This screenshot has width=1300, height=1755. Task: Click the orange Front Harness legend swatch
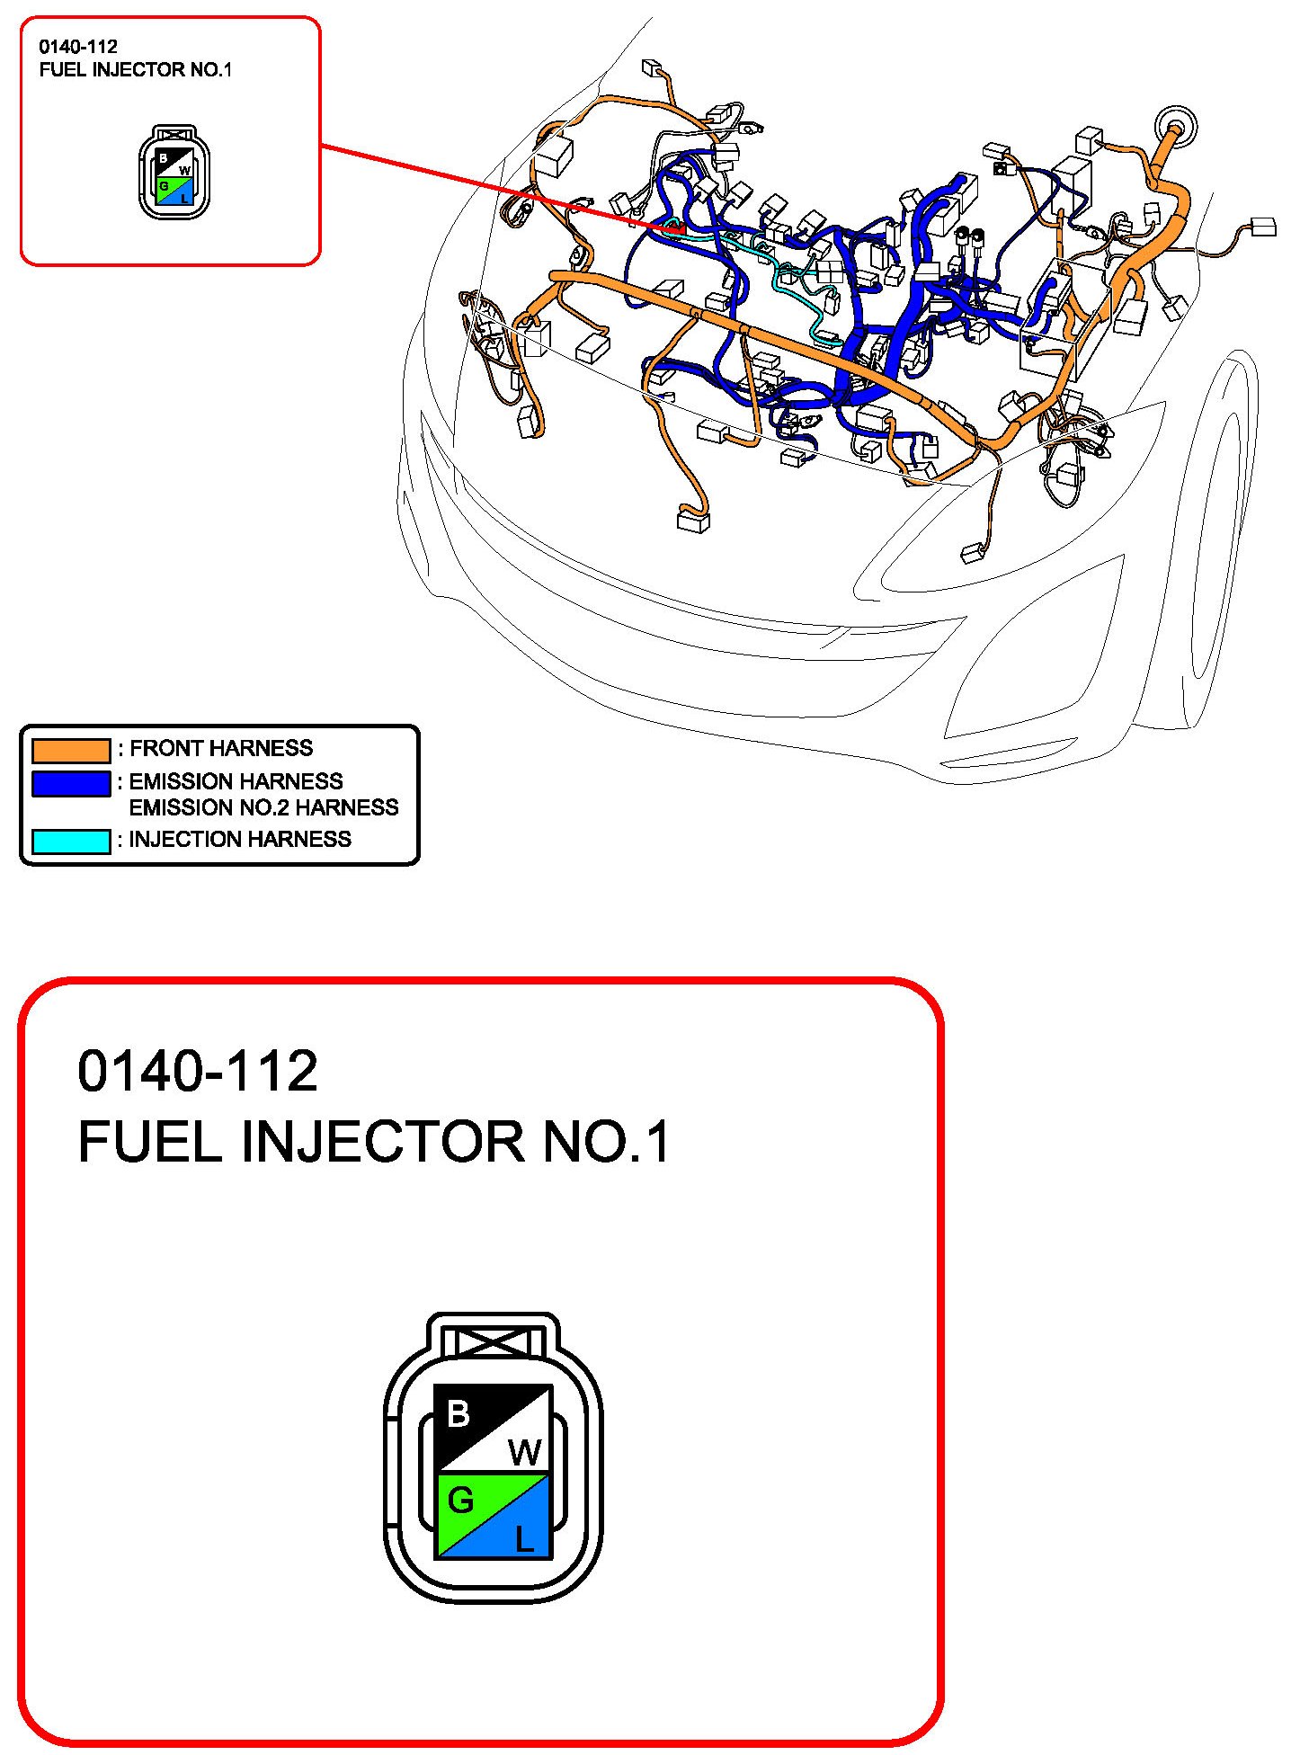pyautogui.click(x=71, y=750)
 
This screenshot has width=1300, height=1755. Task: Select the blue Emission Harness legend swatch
pyautogui.click(x=71, y=783)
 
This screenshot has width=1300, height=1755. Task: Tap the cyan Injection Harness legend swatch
pyautogui.click(x=71, y=841)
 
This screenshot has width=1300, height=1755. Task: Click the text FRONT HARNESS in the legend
pyautogui.click(x=221, y=748)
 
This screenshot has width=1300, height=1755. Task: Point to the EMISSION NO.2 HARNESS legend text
pyautogui.click(x=263, y=807)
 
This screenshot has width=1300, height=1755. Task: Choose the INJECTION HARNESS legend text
pyautogui.click(x=240, y=840)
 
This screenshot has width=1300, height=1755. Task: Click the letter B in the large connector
pyautogui.click(x=459, y=1414)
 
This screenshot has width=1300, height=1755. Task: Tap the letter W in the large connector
pyautogui.click(x=525, y=1452)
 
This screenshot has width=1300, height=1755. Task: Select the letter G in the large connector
pyautogui.click(x=460, y=1500)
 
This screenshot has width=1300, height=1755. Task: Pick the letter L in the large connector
pyautogui.click(x=524, y=1540)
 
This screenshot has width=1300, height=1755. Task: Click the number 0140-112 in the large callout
pyautogui.click(x=198, y=1071)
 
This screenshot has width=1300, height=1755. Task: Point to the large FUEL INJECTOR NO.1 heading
pyautogui.click(x=374, y=1142)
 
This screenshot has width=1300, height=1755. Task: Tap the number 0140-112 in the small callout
pyautogui.click(x=78, y=47)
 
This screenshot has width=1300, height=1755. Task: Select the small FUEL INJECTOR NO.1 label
pyautogui.click(x=136, y=70)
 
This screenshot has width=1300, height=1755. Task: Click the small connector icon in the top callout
pyautogui.click(x=174, y=172)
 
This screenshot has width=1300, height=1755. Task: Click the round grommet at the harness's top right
pyautogui.click(x=1176, y=125)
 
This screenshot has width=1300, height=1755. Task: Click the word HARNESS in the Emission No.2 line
pyautogui.click(x=346, y=807)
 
